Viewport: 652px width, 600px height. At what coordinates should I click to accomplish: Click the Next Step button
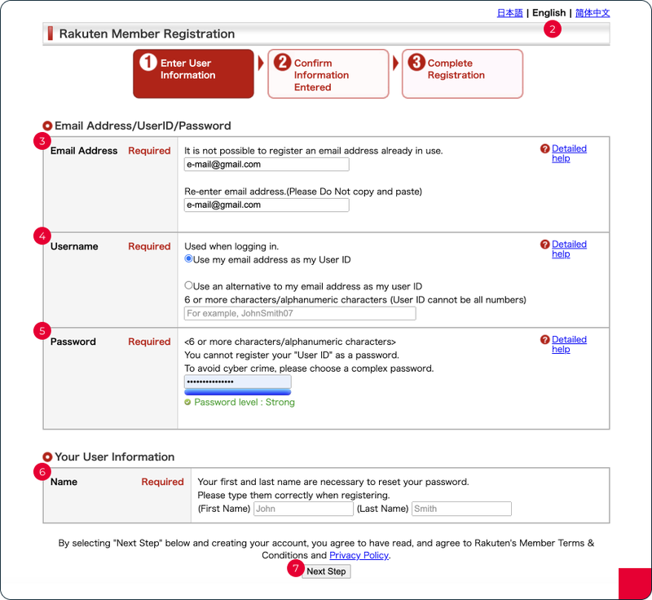pyautogui.click(x=326, y=571)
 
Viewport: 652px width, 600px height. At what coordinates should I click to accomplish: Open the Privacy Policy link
pyautogui.click(x=359, y=555)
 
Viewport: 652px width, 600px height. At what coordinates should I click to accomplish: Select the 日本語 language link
pyautogui.click(x=509, y=13)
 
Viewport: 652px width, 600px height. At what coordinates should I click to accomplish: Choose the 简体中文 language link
pyautogui.click(x=592, y=13)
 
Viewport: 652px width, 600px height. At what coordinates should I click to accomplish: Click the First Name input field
pyautogui.click(x=303, y=509)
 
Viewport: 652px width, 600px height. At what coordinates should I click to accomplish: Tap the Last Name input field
pyautogui.click(x=461, y=509)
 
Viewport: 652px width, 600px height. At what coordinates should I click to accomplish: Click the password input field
pyautogui.click(x=237, y=382)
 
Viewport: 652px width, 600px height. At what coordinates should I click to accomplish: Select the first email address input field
pyautogui.click(x=267, y=165)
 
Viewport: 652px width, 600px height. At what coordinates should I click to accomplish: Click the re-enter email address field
pyautogui.click(x=267, y=205)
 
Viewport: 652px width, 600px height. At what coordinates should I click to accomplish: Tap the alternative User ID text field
pyautogui.click(x=300, y=314)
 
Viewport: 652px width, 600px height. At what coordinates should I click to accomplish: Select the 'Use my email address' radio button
pyautogui.click(x=189, y=259)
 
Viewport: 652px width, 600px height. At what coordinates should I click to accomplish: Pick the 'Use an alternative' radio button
pyautogui.click(x=189, y=286)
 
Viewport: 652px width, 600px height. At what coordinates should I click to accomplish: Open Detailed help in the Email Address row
pyautogui.click(x=568, y=153)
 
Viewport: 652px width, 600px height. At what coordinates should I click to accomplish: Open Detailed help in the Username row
pyautogui.click(x=568, y=249)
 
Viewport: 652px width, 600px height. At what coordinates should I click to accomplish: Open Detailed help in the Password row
pyautogui.click(x=568, y=344)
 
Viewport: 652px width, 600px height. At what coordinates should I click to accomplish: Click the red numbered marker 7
pyautogui.click(x=293, y=569)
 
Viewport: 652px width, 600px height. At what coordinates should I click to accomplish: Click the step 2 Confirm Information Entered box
pyautogui.click(x=328, y=74)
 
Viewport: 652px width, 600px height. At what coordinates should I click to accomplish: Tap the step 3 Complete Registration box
pyautogui.click(x=462, y=74)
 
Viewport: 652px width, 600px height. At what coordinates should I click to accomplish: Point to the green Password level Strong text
pyautogui.click(x=244, y=403)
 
